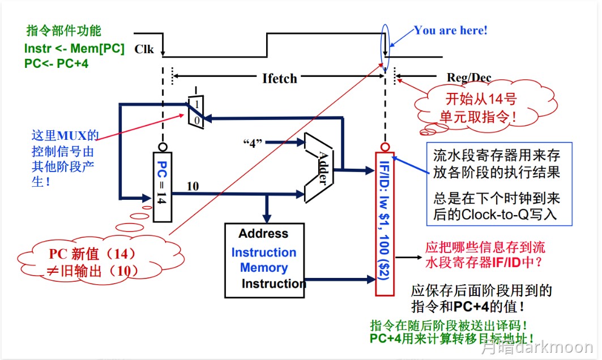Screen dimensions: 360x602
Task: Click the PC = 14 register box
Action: click(x=161, y=187)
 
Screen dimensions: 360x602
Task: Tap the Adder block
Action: click(x=319, y=168)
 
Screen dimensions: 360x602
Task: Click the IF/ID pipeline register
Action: click(x=385, y=224)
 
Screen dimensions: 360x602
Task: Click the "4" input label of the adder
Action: click(x=254, y=142)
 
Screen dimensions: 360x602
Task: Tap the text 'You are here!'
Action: click(x=450, y=31)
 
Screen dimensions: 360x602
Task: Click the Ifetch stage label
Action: click(x=279, y=78)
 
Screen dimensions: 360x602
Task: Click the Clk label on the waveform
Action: click(x=144, y=49)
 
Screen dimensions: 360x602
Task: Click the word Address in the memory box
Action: click(x=263, y=234)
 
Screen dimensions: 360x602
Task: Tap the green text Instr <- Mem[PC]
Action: click(x=74, y=49)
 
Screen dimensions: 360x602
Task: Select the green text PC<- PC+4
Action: click(x=56, y=63)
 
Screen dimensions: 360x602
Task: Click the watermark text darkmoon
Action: click(x=558, y=347)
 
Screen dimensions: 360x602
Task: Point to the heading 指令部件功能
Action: click(x=63, y=31)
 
